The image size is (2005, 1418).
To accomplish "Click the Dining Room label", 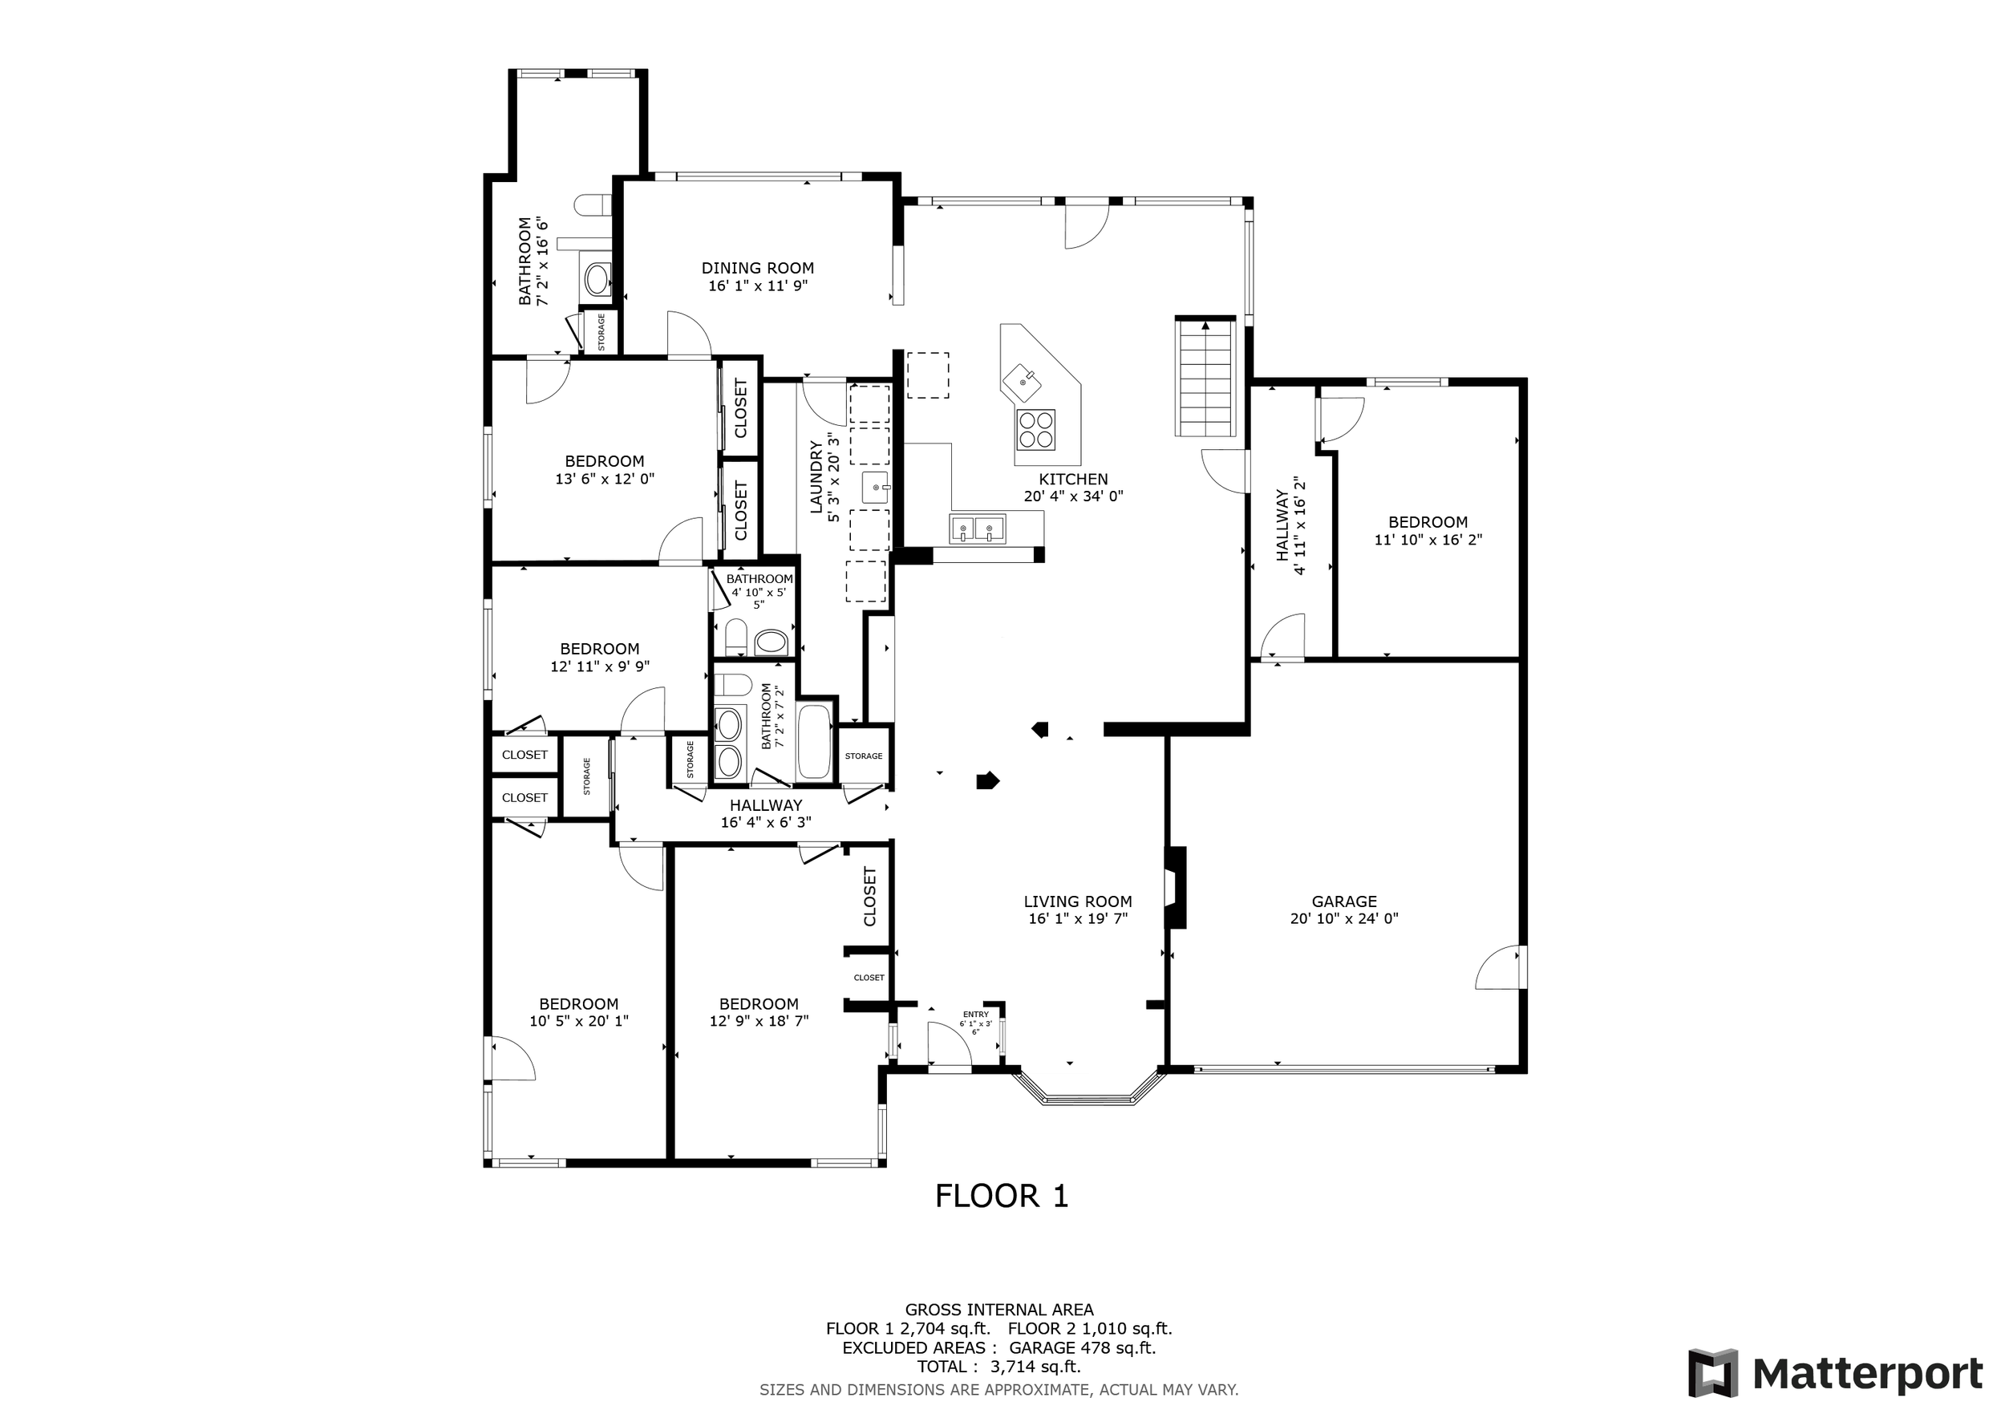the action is tap(757, 268).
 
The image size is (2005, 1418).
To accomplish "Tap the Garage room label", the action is tap(1344, 901).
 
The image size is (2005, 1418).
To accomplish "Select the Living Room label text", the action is tap(1078, 901).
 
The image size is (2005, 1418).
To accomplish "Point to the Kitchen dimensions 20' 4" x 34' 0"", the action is tap(1073, 496).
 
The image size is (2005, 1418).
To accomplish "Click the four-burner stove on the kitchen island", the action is tap(1035, 430).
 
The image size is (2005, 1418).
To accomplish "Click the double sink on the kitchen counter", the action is tap(977, 529).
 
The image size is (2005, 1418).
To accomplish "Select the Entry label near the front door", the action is tap(976, 1015).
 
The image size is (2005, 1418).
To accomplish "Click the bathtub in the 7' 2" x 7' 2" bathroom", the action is tap(815, 742).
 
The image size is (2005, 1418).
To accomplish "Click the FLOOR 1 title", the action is tap(1002, 1195).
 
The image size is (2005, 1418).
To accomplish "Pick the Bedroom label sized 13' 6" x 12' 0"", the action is tap(604, 461).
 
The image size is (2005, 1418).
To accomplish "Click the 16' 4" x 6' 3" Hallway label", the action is tap(766, 805).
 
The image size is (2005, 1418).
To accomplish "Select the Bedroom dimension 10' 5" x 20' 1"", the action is tap(579, 1021).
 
